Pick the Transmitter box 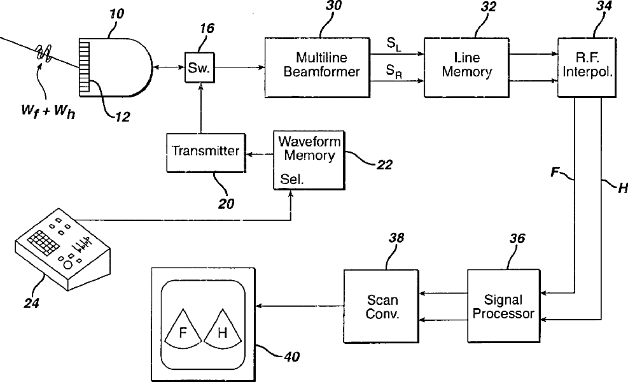point(206,152)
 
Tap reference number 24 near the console point(31,302)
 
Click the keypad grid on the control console point(39,241)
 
